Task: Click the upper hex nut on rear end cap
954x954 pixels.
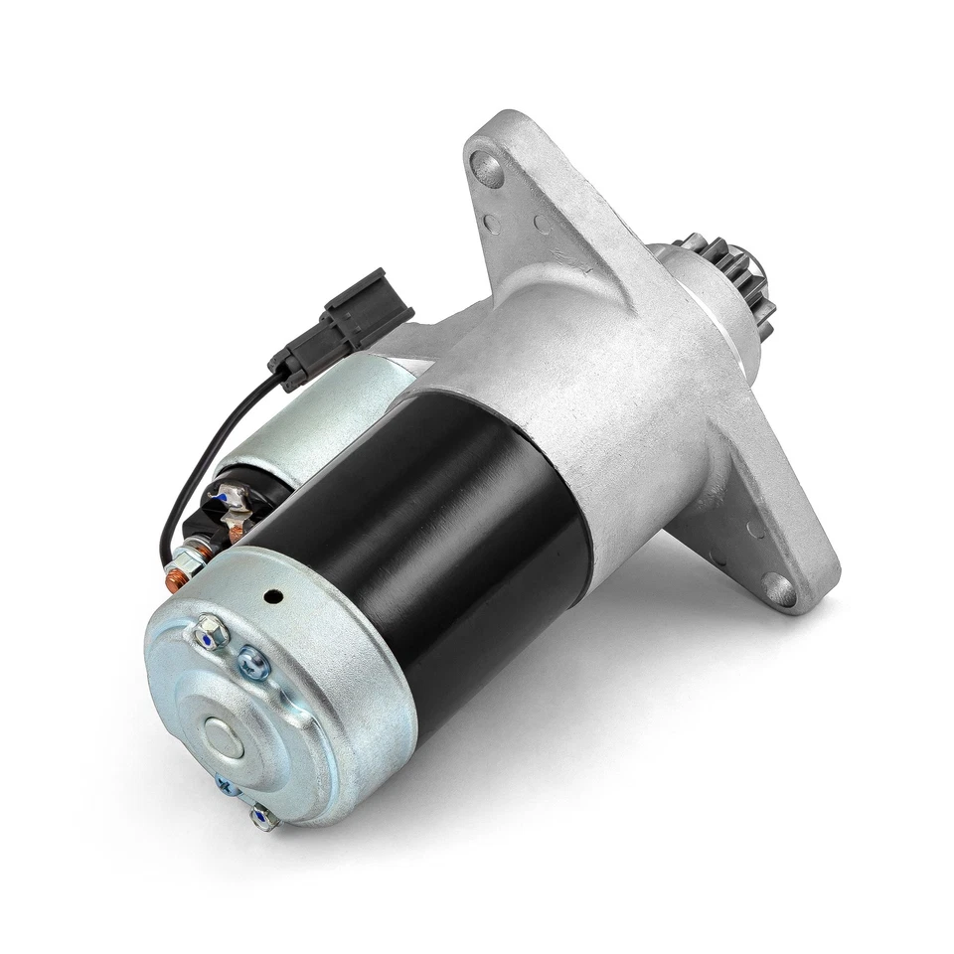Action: coord(211,631)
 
